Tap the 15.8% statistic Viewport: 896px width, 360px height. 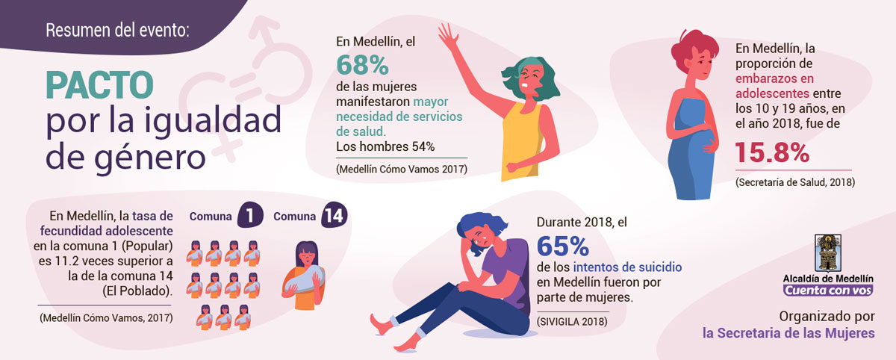click(772, 153)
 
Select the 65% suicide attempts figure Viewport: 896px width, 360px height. click(563, 246)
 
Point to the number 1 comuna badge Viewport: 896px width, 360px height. click(250, 217)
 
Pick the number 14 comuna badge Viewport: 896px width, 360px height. click(334, 217)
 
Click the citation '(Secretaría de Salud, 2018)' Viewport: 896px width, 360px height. click(794, 182)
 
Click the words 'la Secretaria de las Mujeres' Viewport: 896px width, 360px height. click(788, 333)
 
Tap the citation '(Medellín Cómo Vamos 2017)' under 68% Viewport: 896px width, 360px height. click(402, 169)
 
